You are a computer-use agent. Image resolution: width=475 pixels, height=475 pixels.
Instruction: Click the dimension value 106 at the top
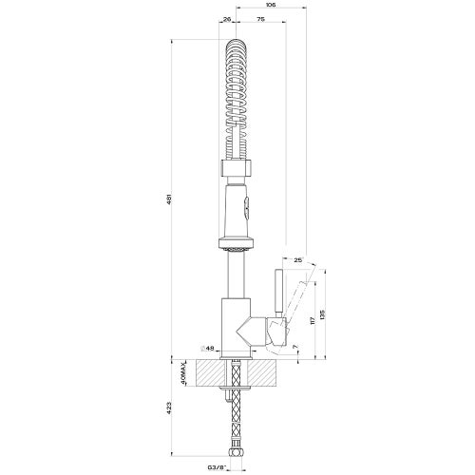[271, 5]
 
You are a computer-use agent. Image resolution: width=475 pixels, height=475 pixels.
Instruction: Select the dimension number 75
[259, 18]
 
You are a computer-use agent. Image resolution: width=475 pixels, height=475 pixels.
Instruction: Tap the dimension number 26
[227, 18]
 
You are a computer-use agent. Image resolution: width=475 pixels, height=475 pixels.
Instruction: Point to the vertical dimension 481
[168, 199]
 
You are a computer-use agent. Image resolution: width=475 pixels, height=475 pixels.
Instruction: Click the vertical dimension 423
[168, 411]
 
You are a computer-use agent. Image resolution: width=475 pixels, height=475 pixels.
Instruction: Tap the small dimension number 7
[295, 345]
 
